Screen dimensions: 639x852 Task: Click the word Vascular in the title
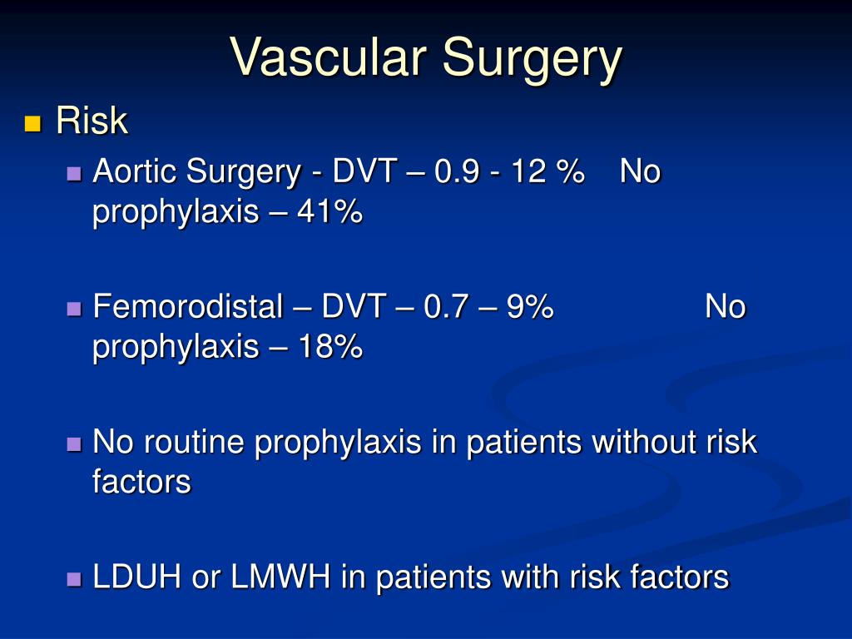coord(329,58)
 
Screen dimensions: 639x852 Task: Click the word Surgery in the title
coord(532,60)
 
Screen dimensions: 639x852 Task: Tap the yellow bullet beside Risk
coord(32,125)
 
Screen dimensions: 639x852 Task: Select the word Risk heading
coord(92,121)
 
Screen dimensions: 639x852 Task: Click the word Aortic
coord(134,172)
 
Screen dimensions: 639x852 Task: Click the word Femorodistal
coord(188,307)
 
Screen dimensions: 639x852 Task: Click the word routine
coord(196,442)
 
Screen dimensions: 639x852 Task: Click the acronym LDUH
coord(137,577)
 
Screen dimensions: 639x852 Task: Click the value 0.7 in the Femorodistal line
coord(444,307)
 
